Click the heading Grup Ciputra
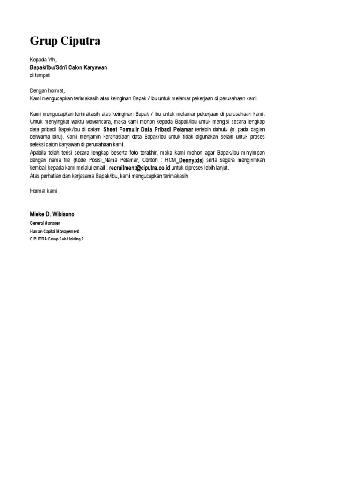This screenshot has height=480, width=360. click(65, 41)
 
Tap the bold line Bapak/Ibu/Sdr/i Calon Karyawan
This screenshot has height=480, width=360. click(68, 67)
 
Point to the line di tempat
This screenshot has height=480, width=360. click(40, 75)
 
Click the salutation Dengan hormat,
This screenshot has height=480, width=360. click(48, 90)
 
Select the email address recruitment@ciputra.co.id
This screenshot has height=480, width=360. click(139, 168)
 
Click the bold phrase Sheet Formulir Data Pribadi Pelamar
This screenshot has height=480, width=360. click(148, 129)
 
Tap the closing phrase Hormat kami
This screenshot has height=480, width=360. click(44, 191)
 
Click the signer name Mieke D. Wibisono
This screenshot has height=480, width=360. click(52, 214)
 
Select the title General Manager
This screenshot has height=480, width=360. click(45, 223)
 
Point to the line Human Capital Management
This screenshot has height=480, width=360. click(54, 231)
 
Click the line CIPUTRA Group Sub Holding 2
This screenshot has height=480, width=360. click(57, 239)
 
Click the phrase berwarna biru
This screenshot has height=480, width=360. click(44, 137)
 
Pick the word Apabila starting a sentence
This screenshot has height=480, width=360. click(39, 152)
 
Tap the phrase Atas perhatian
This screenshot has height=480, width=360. click(46, 175)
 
